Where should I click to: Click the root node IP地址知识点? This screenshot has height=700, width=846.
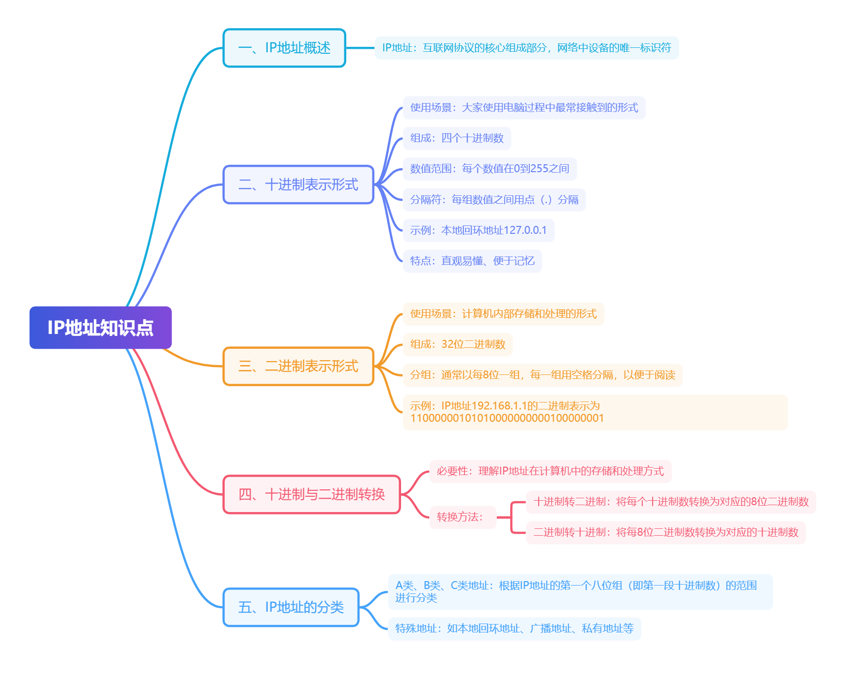[101, 328]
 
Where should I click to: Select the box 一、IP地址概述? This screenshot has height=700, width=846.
[284, 48]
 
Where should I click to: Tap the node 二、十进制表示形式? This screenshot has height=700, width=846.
[298, 184]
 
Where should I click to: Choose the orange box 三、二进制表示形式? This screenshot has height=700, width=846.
[298, 366]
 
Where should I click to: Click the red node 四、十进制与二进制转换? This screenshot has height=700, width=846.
[312, 494]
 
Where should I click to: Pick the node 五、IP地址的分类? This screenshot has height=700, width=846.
[291, 607]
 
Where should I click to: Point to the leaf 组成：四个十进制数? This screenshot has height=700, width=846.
[457, 138]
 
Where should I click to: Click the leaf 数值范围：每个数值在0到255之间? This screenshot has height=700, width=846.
[490, 169]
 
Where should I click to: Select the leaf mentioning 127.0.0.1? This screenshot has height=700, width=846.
[478, 230]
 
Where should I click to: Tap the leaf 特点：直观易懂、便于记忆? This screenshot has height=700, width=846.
[473, 261]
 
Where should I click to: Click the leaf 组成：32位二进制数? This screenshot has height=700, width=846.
[458, 344]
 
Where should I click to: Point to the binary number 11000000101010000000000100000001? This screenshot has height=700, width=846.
[507, 418]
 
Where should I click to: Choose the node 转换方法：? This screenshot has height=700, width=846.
[463, 517]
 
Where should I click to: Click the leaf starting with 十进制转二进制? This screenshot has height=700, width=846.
[671, 502]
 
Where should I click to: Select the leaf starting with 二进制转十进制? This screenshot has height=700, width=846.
[666, 532]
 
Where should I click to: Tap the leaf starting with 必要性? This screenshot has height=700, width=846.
[551, 471]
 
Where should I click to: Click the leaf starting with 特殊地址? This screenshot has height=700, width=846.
[515, 628]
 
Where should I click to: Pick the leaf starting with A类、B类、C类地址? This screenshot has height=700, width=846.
[581, 591]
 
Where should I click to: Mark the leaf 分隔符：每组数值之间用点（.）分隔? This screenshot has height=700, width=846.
[494, 200]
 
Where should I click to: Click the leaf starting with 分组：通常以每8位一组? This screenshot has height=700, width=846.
[543, 375]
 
